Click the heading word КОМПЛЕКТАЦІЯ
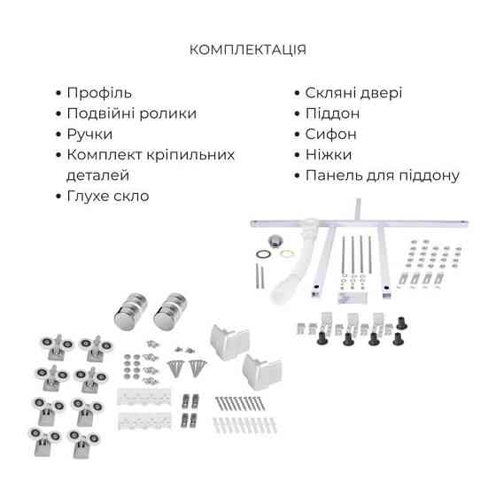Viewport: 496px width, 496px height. point(248,50)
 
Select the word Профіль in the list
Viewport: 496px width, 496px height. point(99,93)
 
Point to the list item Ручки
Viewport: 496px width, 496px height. point(89,134)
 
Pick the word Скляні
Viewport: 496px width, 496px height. point(329,93)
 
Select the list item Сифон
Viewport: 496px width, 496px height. point(330,135)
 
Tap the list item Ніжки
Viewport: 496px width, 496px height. point(329,155)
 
